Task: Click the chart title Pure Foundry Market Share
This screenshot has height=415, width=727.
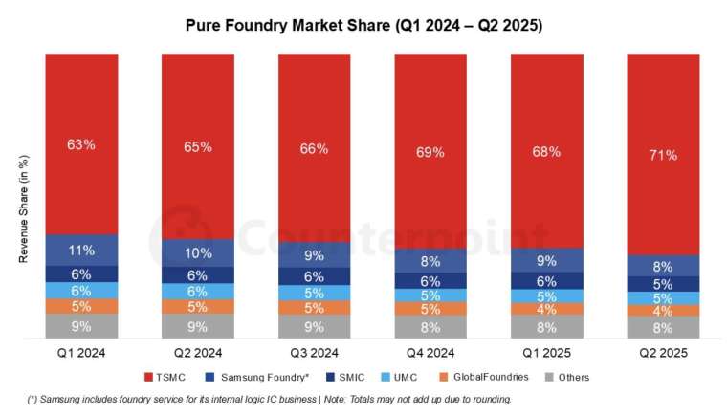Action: (x=363, y=26)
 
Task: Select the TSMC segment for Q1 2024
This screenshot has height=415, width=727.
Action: (x=81, y=143)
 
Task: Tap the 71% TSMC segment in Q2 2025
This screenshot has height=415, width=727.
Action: (x=663, y=154)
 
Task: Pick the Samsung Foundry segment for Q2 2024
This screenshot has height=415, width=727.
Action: (x=198, y=252)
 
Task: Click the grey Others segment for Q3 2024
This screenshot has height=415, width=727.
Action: (x=315, y=326)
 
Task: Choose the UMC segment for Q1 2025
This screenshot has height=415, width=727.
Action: (x=547, y=296)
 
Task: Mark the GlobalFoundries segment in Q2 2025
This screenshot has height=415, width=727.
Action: (x=663, y=311)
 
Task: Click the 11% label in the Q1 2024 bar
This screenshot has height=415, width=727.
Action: (x=81, y=251)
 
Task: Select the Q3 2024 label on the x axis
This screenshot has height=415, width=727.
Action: (x=315, y=352)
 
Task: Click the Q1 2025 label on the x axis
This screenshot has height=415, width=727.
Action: (x=547, y=352)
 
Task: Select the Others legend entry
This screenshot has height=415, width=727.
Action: (x=571, y=377)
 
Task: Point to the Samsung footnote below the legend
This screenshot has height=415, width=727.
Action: (x=268, y=399)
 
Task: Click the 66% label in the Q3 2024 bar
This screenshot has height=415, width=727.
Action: (x=315, y=149)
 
